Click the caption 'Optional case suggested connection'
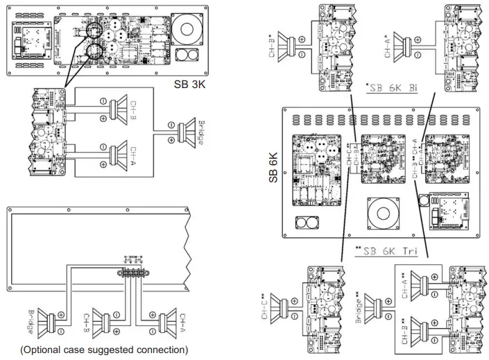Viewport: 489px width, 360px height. point(104,350)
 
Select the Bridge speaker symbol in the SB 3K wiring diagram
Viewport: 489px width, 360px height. point(185,130)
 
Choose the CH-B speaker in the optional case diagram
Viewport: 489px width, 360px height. point(108,323)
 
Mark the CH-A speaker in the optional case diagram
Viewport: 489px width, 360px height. point(164,323)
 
